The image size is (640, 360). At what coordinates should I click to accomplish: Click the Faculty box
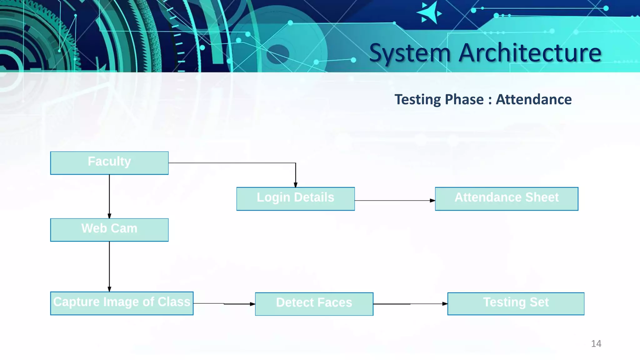[109, 163]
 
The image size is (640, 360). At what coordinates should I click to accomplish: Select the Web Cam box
[109, 230]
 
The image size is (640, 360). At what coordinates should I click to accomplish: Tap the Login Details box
[295, 199]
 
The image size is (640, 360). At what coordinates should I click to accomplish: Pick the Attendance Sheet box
[506, 199]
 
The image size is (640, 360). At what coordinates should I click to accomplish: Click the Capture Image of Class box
[122, 303]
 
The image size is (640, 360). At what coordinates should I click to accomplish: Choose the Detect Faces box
[314, 304]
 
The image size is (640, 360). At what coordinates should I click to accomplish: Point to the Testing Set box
[516, 303]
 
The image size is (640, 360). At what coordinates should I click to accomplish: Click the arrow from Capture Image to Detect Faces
[224, 303]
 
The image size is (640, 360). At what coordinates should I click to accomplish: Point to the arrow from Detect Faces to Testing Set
[410, 304]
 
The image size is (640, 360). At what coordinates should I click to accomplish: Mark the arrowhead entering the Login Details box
[296, 185]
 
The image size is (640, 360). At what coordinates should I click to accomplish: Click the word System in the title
[410, 53]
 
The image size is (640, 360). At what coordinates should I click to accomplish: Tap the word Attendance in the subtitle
[534, 100]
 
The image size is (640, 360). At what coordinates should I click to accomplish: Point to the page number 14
[596, 344]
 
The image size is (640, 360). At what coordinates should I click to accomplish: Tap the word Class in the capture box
[174, 302]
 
